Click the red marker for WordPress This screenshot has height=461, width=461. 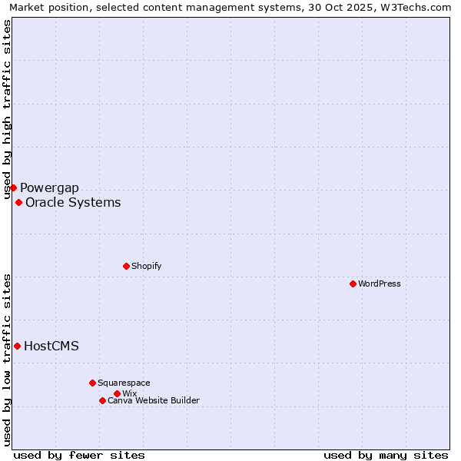pyautogui.click(x=353, y=284)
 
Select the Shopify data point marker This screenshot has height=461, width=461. pyautogui.click(x=126, y=266)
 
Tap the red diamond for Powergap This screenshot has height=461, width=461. pyautogui.click(x=13, y=187)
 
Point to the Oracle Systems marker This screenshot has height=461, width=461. pyautogui.click(x=18, y=202)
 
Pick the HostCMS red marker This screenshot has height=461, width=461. pyautogui.click(x=17, y=346)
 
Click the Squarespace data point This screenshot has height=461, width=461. pyautogui.click(x=92, y=383)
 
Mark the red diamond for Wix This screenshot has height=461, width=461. pyautogui.click(x=117, y=393)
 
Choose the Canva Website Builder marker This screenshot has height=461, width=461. pyautogui.click(x=102, y=400)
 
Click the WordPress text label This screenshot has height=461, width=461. pyautogui.click(x=380, y=284)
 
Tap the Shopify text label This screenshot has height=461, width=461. pyautogui.click(x=146, y=266)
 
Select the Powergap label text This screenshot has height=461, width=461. pyautogui.click(x=49, y=188)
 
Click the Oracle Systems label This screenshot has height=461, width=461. pyautogui.click(x=73, y=203)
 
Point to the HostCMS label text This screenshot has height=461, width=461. pyautogui.click(x=51, y=346)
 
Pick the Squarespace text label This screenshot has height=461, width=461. pyautogui.click(x=124, y=383)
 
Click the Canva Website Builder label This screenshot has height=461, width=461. pyautogui.click(x=154, y=400)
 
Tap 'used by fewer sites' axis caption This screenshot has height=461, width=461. pyautogui.click(x=79, y=455)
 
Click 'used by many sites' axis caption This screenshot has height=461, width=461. pyautogui.click(x=386, y=455)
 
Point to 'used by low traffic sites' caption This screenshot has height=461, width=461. pyautogui.click(x=8, y=360)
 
